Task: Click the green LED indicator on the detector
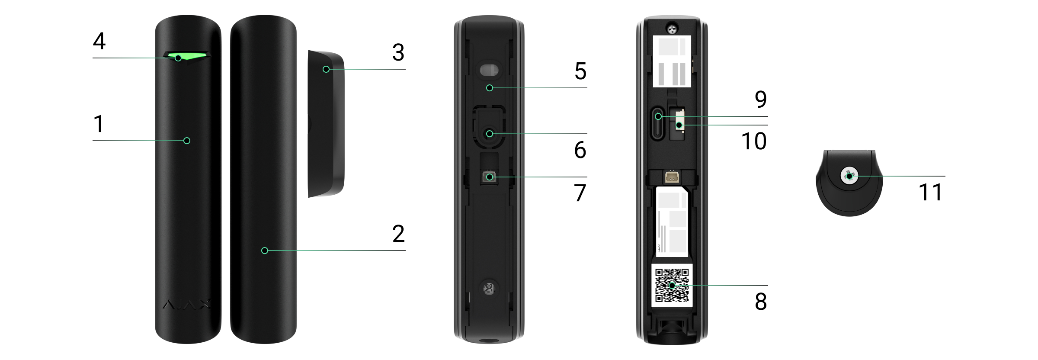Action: coord(186,57)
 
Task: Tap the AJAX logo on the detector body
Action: coord(187,305)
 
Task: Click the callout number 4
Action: coord(99,41)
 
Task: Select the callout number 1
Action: coord(99,124)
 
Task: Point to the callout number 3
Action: coord(398,52)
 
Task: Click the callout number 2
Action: coord(398,234)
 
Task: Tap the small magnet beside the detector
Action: coord(326,124)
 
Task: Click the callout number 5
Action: coord(580,71)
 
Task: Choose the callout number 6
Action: coord(580,150)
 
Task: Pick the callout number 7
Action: coord(580,193)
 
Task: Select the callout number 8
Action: coord(761,302)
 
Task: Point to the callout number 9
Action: coord(761,99)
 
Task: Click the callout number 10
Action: coord(754,141)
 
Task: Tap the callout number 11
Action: coord(930,192)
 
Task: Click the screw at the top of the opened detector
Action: coord(672,29)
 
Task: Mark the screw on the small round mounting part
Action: coord(849,176)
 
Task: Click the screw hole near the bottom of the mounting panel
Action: coord(489,289)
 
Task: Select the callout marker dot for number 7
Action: coord(490,177)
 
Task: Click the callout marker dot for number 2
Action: coord(265,251)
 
